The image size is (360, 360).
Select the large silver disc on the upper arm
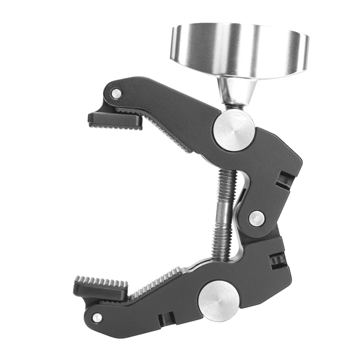pos(233,130)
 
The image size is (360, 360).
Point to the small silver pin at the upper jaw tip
pos(117,94)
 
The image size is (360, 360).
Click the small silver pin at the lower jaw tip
pos(97,318)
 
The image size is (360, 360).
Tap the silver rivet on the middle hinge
pos(256,218)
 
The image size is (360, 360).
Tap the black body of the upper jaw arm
pos(180,108)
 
